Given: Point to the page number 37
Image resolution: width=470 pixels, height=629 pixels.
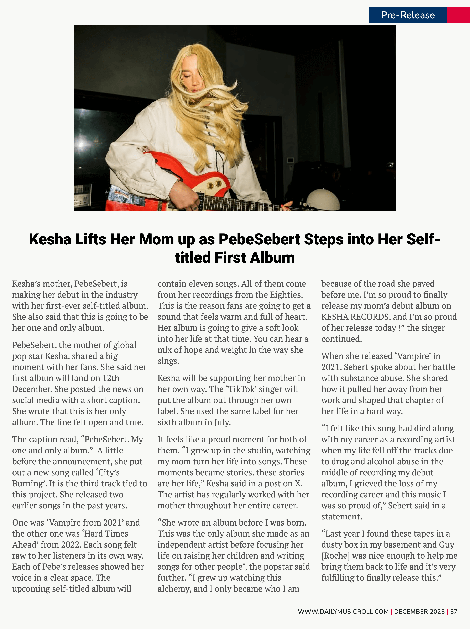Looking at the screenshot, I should click(x=454, y=611).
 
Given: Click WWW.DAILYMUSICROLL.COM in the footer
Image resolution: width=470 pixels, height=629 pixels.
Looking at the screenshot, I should click(x=343, y=611).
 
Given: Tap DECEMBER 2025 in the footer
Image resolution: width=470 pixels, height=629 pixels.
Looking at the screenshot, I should click(x=419, y=611).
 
